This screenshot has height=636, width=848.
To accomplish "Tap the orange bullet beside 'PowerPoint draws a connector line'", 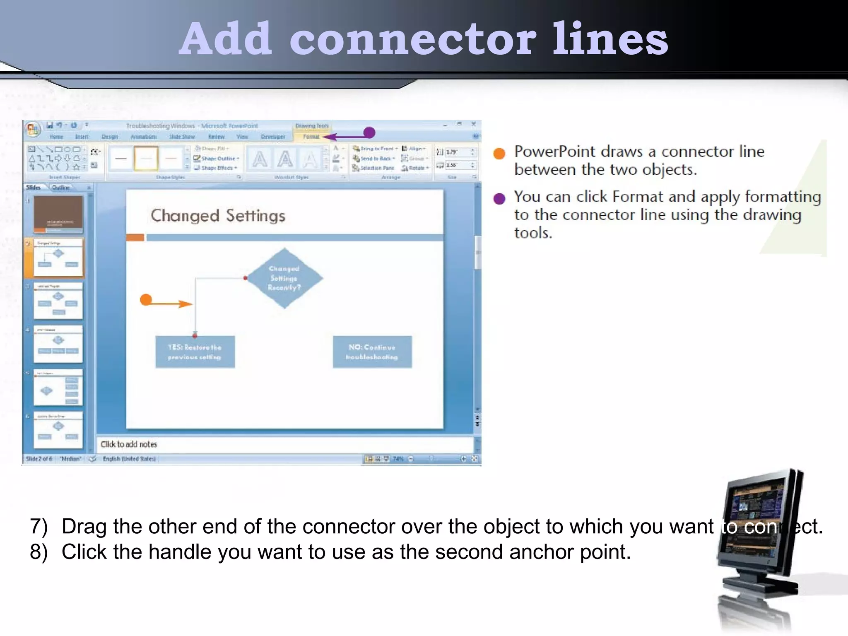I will [x=499, y=153].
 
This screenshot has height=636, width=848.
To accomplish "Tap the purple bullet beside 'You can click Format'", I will [x=499, y=199].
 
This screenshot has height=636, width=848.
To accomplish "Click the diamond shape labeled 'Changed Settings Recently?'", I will [x=284, y=278].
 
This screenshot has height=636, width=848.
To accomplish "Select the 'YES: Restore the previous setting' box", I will [x=195, y=352].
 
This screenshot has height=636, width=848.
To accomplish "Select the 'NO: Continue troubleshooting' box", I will [x=372, y=352].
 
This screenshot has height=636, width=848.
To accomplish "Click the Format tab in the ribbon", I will [x=311, y=137].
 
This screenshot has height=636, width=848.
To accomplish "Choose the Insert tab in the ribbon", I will [x=82, y=137].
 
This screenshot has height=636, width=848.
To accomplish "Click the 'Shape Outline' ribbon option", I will [x=218, y=159].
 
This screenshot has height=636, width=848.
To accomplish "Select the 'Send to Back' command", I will [x=375, y=159].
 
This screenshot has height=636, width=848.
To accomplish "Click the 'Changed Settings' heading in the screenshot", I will [x=218, y=216].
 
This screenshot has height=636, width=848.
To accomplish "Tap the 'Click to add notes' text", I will [x=129, y=444].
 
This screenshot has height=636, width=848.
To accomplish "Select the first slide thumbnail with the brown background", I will [x=58, y=214].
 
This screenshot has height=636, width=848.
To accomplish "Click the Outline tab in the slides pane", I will [x=61, y=188].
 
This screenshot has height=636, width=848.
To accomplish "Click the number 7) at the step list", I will [x=39, y=527].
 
